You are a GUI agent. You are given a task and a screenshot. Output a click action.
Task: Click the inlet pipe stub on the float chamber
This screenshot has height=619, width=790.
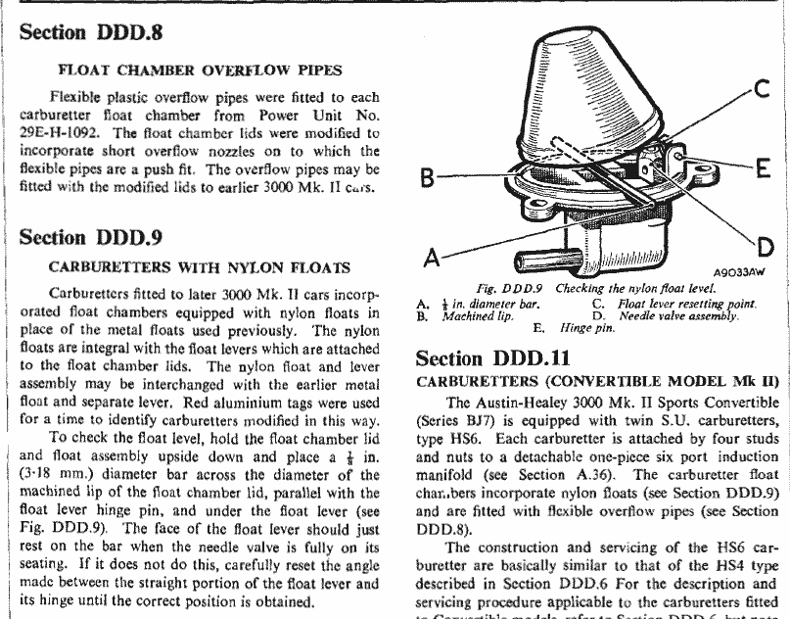tap(534, 261)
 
